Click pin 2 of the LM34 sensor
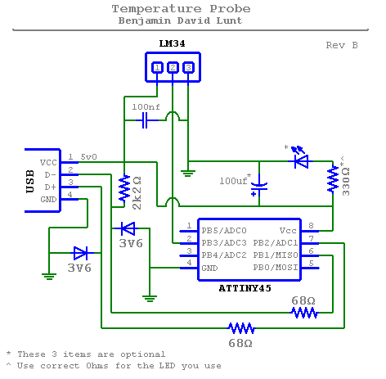click(173, 67)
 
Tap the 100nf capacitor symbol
click(145, 120)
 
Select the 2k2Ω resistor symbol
click(124, 188)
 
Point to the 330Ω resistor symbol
click(333, 180)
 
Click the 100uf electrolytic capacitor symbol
click(259, 188)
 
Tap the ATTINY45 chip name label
click(245, 288)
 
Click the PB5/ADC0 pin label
click(224, 231)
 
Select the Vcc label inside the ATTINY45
click(288, 231)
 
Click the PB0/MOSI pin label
click(276, 268)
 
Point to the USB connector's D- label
click(51, 174)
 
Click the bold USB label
click(30, 182)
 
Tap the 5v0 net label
click(88, 157)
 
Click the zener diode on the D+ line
click(81, 253)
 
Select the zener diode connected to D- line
click(128, 228)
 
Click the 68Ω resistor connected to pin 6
click(304, 313)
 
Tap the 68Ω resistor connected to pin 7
click(241, 328)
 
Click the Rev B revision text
click(342, 45)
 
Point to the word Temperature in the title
click(157, 9)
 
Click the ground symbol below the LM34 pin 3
click(188, 174)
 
